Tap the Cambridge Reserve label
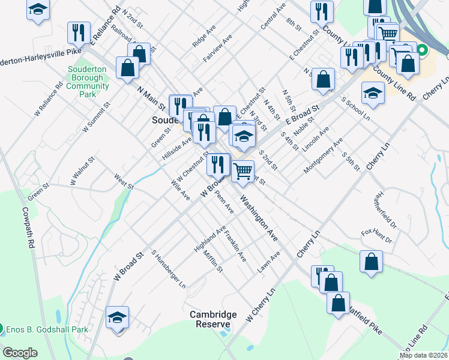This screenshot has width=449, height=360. point(213,319)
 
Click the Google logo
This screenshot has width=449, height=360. point(19,353)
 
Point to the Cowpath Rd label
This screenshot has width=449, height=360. point(28,228)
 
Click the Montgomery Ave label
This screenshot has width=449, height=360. point(323,155)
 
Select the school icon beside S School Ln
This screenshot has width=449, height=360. point(373,93)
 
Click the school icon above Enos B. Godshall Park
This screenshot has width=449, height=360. point(118,317)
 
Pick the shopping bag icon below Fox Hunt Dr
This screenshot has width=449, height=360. point(371,261)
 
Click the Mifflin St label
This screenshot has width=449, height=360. point(214,262)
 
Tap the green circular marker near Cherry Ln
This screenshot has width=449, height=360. point(422,50)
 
